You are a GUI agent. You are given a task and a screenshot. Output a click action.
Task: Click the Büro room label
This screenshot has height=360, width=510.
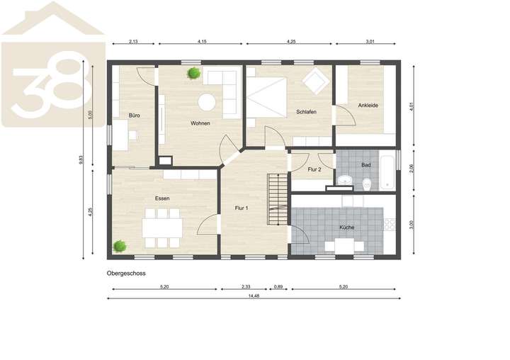[x=133, y=114]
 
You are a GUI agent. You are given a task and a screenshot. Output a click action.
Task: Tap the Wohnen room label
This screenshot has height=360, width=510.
[x=200, y=123]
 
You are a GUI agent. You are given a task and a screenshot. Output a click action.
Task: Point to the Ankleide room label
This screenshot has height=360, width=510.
[x=368, y=106]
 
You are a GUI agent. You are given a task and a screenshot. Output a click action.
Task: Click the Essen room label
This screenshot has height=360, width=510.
[x=162, y=198]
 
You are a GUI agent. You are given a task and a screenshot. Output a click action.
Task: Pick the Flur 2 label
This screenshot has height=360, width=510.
[x=315, y=169]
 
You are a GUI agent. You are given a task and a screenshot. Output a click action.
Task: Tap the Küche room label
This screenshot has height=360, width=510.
[x=346, y=227]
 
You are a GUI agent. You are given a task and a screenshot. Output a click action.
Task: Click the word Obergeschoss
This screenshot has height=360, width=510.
[x=126, y=272]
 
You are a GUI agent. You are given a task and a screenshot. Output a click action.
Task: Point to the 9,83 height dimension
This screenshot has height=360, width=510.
[x=83, y=162]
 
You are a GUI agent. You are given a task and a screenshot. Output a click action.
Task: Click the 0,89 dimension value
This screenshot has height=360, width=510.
[x=278, y=286]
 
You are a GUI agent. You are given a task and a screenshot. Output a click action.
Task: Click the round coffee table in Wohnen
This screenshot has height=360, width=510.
[x=207, y=103]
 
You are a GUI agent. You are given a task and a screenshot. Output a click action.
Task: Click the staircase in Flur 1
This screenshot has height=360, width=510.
[x=277, y=198]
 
